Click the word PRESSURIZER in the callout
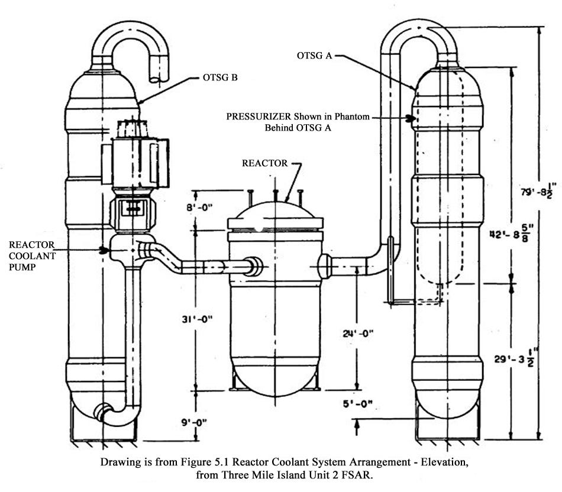pos(256,117)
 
